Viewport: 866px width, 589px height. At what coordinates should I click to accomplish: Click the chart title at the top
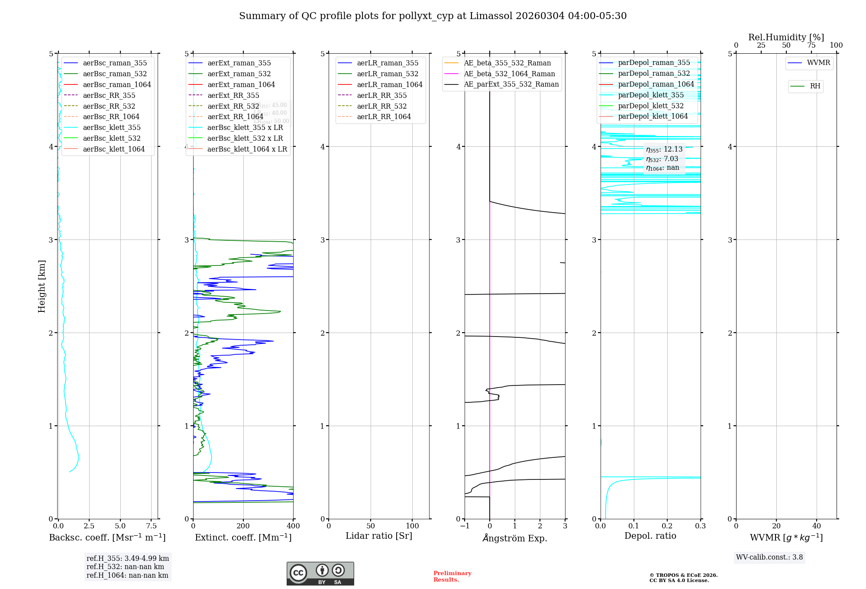433,16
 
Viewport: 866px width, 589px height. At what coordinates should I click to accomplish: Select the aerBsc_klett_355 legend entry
112,127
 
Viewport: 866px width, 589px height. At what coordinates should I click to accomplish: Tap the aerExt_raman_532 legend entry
239,74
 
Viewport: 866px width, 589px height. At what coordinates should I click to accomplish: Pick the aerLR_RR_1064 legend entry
384,117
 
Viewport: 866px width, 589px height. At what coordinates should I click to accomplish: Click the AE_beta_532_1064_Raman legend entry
509,74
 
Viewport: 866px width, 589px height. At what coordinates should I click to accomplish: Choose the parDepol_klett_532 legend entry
651,106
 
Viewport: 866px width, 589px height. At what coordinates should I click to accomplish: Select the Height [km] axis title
42,286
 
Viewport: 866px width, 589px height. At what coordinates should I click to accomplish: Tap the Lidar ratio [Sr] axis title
379,536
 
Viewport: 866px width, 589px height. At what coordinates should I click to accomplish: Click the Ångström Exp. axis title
515,538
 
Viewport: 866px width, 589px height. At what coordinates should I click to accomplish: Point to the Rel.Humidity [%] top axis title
786,37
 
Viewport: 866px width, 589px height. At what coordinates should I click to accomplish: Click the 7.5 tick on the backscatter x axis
151,526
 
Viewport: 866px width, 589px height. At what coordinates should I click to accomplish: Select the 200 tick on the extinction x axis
243,526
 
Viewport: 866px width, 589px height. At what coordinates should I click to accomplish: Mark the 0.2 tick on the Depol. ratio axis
667,526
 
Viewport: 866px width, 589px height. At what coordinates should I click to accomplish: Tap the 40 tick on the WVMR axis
817,526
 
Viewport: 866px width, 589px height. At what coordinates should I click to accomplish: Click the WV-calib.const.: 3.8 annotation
769,557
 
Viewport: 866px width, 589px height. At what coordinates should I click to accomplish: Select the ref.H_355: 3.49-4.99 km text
128,559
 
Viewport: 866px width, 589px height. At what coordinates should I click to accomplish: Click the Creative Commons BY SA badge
320,573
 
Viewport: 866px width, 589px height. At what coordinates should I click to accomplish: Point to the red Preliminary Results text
452,576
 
